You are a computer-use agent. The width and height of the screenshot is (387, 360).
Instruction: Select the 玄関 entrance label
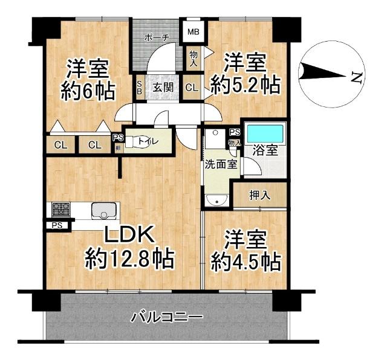coord(163,87)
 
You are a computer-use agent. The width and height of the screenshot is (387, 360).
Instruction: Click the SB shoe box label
coord(139,88)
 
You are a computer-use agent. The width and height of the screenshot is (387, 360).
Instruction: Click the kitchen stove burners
coord(61,210)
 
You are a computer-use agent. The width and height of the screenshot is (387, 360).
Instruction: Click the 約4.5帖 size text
coord(246,262)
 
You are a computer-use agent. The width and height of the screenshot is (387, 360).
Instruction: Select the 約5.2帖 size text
coord(244,85)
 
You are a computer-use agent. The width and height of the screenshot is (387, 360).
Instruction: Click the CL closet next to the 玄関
coord(192,88)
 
